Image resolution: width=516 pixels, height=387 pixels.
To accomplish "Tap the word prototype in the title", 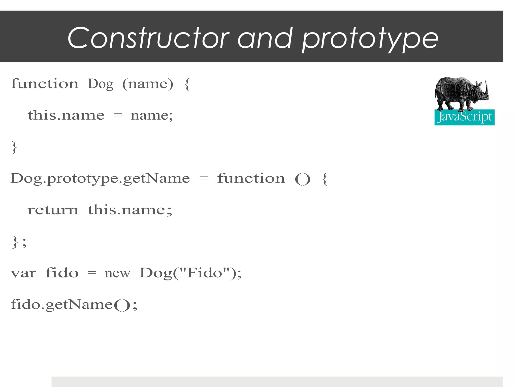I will [370, 39].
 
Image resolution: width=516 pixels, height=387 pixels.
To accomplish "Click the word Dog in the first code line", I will [100, 84].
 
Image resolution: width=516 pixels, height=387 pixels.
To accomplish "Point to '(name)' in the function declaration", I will [148, 84].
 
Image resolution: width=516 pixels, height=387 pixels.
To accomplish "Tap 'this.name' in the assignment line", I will [66, 115].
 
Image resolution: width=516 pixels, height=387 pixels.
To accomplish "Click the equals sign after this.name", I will [118, 116].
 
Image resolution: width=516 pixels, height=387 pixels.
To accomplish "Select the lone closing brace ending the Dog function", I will [14, 147].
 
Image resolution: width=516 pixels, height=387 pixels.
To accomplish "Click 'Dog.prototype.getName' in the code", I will [100, 179].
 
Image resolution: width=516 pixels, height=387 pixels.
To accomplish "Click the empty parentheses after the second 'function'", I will [303, 179].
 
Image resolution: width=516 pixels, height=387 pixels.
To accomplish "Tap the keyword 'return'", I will [53, 210].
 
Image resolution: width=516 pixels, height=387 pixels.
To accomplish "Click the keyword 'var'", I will [23, 273].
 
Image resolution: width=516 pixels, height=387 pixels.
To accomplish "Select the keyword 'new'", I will [117, 273].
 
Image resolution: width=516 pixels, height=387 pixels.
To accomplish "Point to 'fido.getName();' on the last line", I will [74, 305].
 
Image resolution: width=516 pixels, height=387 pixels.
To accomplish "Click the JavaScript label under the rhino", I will [464, 117].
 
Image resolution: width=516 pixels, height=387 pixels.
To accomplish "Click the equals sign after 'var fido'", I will [92, 273].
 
